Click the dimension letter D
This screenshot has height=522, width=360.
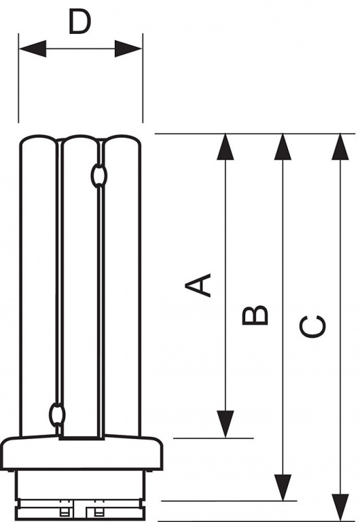(x=79, y=22)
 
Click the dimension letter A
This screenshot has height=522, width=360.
(x=198, y=285)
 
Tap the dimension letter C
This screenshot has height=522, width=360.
(x=312, y=326)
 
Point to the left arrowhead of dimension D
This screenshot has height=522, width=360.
(x=33, y=49)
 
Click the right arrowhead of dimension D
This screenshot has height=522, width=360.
(x=128, y=49)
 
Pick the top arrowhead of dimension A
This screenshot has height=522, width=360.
(x=226, y=147)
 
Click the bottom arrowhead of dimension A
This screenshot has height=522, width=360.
(x=226, y=424)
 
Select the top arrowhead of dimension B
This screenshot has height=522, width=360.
(x=283, y=147)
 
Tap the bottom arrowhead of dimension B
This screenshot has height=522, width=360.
(x=283, y=487)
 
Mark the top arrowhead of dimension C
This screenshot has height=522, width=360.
(x=340, y=147)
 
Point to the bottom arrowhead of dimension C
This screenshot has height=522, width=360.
(x=340, y=507)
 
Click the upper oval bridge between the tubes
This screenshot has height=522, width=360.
(x=98, y=175)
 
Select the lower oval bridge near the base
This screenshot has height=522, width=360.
(x=57, y=414)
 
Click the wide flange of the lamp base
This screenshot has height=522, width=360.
(x=82, y=453)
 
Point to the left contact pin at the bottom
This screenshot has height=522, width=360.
(x=64, y=511)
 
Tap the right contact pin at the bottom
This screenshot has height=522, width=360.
(x=98, y=511)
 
